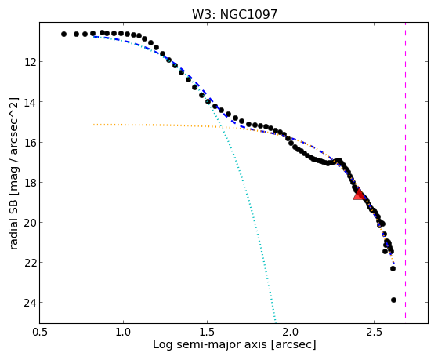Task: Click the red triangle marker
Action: coord(359,195)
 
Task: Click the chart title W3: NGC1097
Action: coord(234,15)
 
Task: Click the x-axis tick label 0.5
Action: coord(39,332)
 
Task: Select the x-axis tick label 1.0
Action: coord(123,332)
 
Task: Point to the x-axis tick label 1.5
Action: coord(207,332)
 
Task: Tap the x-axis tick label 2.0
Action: coord(291,332)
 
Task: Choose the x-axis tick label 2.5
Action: coord(375,332)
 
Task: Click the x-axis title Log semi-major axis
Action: coord(210,345)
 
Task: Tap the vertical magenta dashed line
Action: coord(405,170)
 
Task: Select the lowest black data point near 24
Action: coord(393,300)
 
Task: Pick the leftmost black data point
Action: coord(63,35)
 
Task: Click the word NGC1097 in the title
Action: coord(248,15)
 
